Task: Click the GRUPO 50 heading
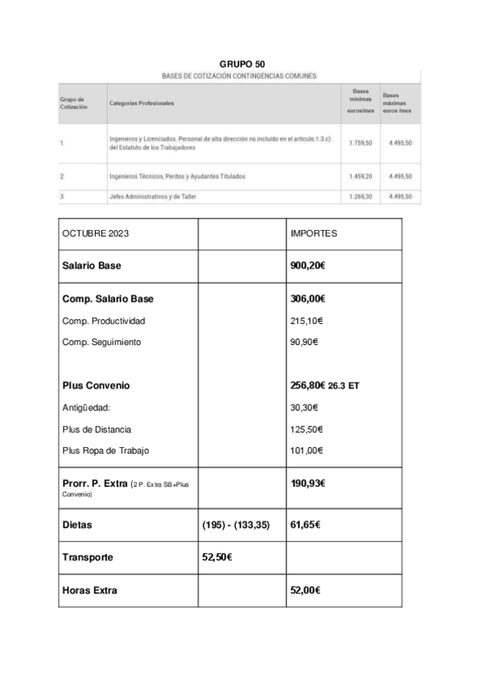[x=242, y=64]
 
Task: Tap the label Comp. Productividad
[x=104, y=321]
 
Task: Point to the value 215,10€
[x=306, y=321]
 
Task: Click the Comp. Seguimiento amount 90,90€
[x=303, y=342]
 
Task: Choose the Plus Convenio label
[x=96, y=385]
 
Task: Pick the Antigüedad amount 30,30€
[x=303, y=407]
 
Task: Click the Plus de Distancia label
[x=97, y=429]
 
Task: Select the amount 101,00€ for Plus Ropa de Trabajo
[x=306, y=450]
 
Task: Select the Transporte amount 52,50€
[x=216, y=557]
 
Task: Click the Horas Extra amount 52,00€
[x=305, y=590]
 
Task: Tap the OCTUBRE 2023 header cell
[x=95, y=233]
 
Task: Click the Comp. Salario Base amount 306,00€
[x=307, y=298]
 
